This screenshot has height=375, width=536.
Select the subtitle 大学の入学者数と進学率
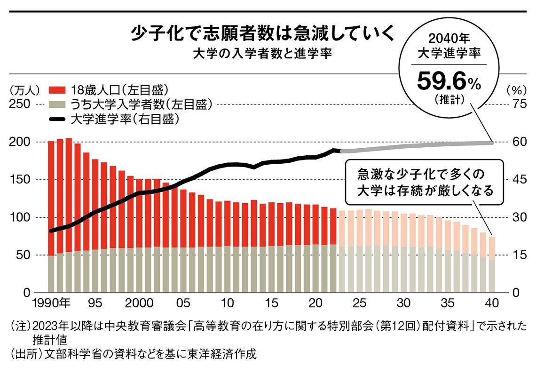click(x=263, y=54)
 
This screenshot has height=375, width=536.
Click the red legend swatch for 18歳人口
click(x=56, y=89)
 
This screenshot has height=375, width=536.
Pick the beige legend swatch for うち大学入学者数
click(x=56, y=104)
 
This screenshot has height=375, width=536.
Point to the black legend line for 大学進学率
click(x=56, y=120)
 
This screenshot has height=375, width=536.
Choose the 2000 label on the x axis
click(x=140, y=302)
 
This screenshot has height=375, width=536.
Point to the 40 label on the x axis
click(x=492, y=302)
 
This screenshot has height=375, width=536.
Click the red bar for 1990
click(x=52, y=198)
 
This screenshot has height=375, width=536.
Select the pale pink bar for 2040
click(x=492, y=247)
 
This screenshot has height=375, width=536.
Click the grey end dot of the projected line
click(x=492, y=142)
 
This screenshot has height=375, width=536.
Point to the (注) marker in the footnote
click(x=20, y=326)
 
